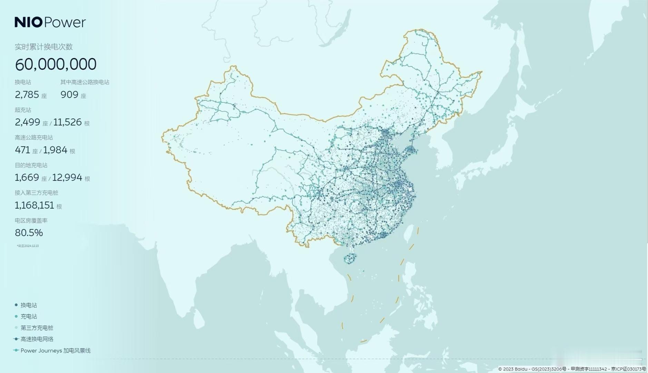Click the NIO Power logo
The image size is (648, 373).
(x=50, y=22)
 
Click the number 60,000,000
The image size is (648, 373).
(x=56, y=64)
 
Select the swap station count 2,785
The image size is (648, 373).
(x=27, y=95)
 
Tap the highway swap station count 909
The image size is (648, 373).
(x=69, y=95)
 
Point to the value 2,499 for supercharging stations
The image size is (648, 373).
(x=27, y=122)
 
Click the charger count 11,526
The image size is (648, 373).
(x=68, y=122)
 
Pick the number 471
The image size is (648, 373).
(x=22, y=150)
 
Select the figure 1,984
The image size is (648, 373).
(x=55, y=150)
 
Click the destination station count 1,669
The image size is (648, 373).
(x=27, y=178)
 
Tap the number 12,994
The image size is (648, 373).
(x=67, y=178)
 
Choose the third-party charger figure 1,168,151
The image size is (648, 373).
(x=35, y=205)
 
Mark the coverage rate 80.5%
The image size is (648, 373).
(x=29, y=233)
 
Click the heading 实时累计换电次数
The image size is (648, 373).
(x=44, y=47)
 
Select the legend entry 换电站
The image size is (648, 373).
(x=29, y=305)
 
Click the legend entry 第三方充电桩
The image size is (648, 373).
(x=37, y=328)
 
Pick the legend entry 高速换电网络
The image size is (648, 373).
(x=37, y=339)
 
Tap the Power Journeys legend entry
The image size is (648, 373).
(x=55, y=351)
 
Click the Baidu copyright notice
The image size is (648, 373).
(x=572, y=369)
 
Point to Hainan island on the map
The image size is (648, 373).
(x=350, y=258)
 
